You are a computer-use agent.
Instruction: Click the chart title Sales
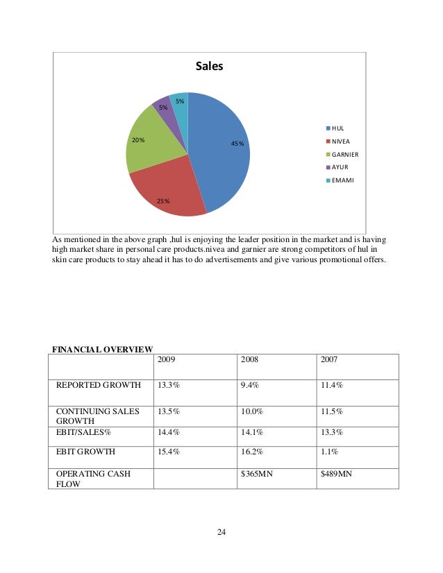pyautogui.click(x=209, y=67)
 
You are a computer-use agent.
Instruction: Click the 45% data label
pyautogui.click(x=237, y=144)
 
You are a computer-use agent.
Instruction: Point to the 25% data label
pyautogui.click(x=163, y=201)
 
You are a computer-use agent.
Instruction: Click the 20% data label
pyautogui.click(x=138, y=139)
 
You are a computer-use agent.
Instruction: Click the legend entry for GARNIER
pyautogui.click(x=345, y=154)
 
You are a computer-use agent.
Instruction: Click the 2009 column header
pyautogui.click(x=166, y=360)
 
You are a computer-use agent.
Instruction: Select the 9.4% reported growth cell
pyautogui.click(x=249, y=384)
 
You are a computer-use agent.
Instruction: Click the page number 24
pyautogui.click(x=221, y=532)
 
